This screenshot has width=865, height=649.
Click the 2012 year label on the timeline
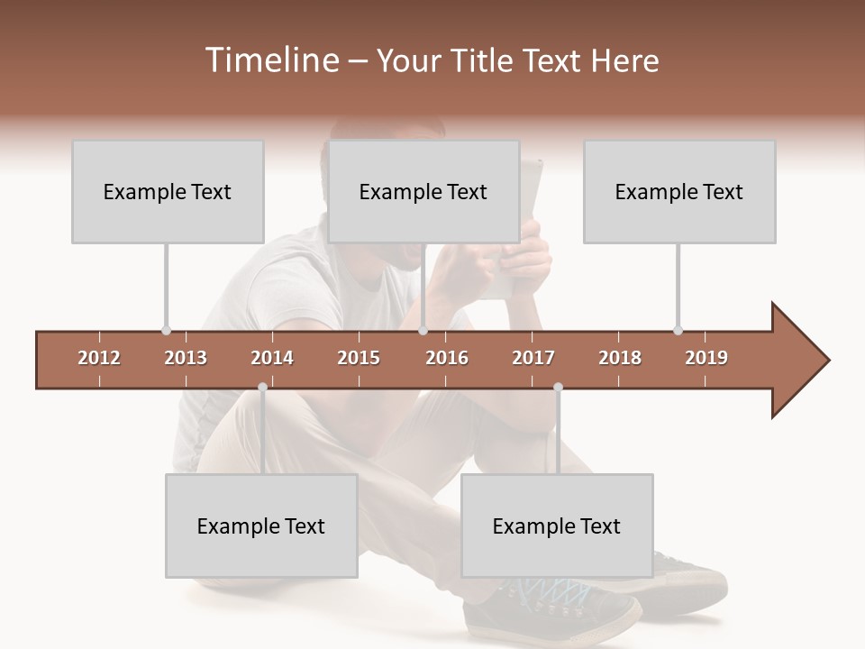[99, 358]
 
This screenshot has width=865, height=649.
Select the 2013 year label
[186, 358]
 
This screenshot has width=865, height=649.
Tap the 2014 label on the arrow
[272, 358]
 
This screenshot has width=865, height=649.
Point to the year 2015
[359, 358]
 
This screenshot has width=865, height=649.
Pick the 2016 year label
[447, 358]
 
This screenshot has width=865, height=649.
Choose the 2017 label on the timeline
[533, 358]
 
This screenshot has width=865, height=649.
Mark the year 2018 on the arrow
[620, 358]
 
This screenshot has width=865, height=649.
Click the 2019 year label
[706, 358]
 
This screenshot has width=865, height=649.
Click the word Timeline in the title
[270, 60]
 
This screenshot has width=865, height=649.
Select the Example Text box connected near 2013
[168, 191]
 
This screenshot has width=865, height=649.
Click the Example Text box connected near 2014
[261, 526]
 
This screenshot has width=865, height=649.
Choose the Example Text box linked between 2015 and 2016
[423, 191]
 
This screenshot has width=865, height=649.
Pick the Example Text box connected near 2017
[557, 526]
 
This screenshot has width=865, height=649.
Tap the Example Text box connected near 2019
[679, 191]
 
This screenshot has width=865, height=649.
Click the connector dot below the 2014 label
[262, 388]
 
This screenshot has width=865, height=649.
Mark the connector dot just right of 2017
[558, 388]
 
